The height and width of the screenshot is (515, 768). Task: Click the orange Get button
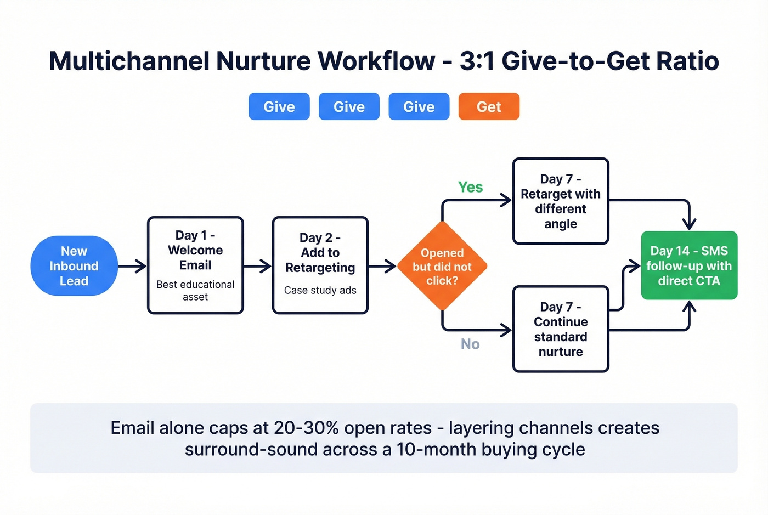click(x=489, y=106)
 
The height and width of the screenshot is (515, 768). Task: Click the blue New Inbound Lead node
click(x=74, y=266)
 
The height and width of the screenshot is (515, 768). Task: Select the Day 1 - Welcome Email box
click(x=195, y=265)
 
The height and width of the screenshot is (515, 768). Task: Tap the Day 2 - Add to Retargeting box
click(x=320, y=265)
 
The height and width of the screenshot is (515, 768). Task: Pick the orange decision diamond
click(x=442, y=267)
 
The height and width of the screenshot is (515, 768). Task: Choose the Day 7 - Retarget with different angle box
click(x=561, y=201)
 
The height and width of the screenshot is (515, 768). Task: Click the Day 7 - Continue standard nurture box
click(x=561, y=329)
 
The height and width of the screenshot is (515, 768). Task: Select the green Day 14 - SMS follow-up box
click(x=689, y=265)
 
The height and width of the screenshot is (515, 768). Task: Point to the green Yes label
click(x=471, y=187)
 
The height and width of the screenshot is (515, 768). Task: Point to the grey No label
click(x=470, y=344)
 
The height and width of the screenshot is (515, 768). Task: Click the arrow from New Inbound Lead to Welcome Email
click(x=132, y=267)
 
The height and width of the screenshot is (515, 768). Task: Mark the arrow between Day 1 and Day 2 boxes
click(x=257, y=267)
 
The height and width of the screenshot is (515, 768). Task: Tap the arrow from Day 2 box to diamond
click(x=382, y=267)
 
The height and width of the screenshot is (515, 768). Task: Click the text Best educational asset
click(x=195, y=291)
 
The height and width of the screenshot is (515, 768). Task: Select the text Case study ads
click(x=320, y=290)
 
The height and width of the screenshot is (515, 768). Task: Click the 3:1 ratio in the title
click(x=477, y=61)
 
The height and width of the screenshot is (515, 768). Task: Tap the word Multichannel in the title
click(x=129, y=61)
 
